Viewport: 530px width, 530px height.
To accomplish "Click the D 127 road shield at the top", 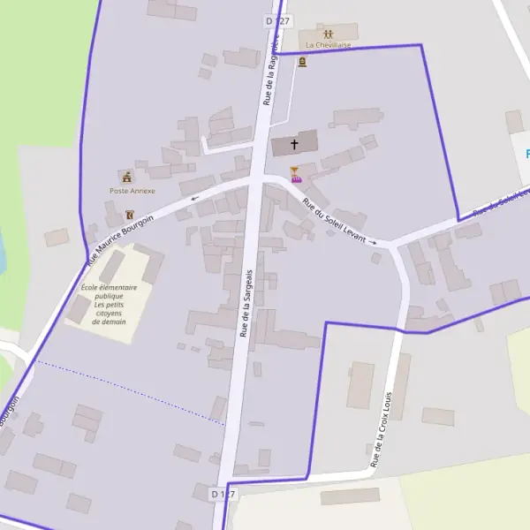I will tap(277, 19).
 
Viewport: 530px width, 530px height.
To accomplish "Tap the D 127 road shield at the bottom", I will tap(224, 493).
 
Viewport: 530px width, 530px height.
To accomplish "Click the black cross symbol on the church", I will tap(294, 143).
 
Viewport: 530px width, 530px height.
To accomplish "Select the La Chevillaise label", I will tap(329, 44).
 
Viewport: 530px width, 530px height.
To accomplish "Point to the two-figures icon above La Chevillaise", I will tap(329, 33).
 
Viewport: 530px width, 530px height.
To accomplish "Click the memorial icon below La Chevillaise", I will tap(303, 62).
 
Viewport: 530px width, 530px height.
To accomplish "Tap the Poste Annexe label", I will tap(132, 191).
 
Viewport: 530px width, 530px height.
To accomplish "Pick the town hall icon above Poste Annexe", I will tap(127, 178).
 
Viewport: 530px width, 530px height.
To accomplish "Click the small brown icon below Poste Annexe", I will tap(131, 215).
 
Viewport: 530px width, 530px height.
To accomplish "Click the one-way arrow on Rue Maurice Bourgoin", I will tap(195, 199).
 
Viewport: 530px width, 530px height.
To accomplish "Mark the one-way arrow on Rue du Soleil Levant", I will tap(373, 241).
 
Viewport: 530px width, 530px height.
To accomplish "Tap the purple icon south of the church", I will tap(297, 180).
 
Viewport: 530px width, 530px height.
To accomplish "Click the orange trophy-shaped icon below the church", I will tap(295, 170).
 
